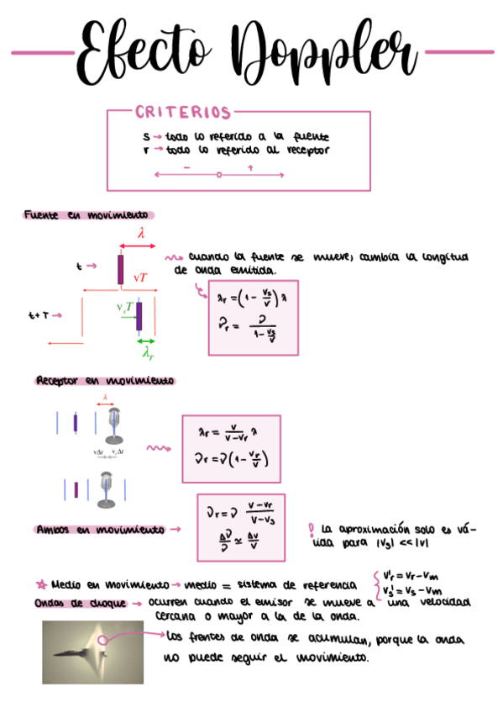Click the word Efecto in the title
[139, 52]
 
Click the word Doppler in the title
[327, 52]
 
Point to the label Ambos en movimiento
[100, 531]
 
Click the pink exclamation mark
[312, 530]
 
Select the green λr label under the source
[148, 354]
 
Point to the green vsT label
[125, 309]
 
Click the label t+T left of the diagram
[39, 316]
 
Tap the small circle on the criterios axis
[219, 175]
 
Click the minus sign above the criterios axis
[186, 167]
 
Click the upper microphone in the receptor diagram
[113, 424]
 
